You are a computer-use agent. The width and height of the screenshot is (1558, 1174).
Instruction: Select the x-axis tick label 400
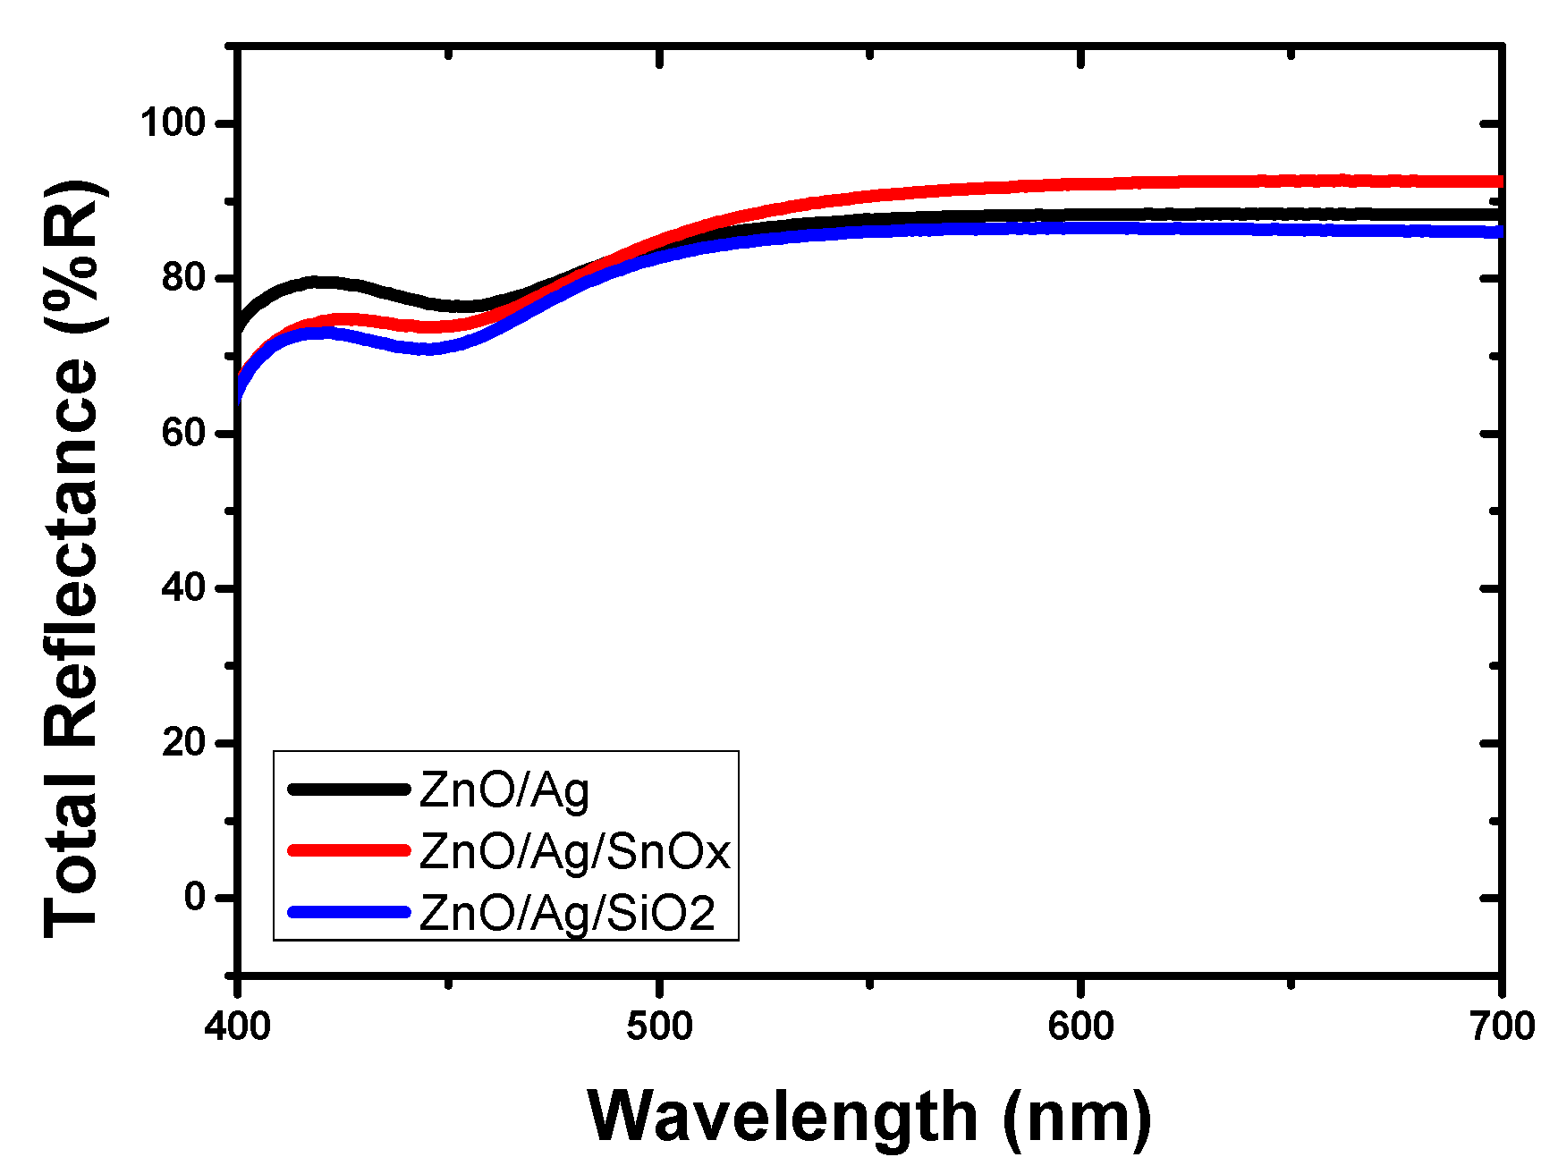237,1026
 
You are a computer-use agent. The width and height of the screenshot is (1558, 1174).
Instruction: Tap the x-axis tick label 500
659,1026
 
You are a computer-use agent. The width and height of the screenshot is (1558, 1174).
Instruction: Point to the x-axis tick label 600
1080,1026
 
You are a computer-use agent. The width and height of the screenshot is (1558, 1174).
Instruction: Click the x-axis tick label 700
1502,1026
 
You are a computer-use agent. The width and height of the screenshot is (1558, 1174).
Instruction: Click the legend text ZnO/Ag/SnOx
575,852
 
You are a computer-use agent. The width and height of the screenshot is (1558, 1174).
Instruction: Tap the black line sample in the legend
349,789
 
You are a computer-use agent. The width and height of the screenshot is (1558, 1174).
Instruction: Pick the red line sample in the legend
349,849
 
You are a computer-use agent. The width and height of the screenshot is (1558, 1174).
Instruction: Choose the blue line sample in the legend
349,912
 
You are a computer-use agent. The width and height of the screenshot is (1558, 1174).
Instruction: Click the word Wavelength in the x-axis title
783,1117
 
